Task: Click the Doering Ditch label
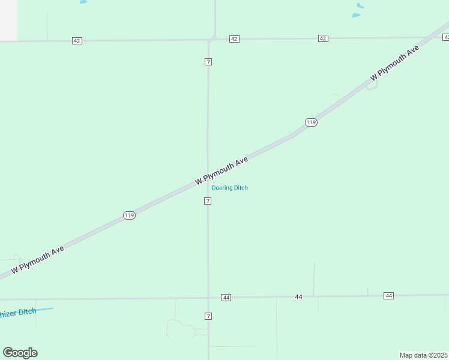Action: (x=230, y=188)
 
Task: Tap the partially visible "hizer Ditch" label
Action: (x=18, y=313)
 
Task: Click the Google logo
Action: (x=20, y=353)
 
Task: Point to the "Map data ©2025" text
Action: (x=424, y=355)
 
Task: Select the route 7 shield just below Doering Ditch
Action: (x=208, y=201)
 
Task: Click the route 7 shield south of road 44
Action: (x=208, y=316)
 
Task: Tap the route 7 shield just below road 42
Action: (x=208, y=62)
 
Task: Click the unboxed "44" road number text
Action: (x=298, y=297)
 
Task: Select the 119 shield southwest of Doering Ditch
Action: (x=129, y=215)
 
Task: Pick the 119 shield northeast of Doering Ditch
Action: (x=310, y=122)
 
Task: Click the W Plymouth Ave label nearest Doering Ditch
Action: (x=221, y=171)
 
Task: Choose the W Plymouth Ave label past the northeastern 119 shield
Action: (x=394, y=64)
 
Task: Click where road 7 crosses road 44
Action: (x=208, y=298)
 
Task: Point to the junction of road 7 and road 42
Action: (x=211, y=40)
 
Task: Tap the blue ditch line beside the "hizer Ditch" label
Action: (x=46, y=310)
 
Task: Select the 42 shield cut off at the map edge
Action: (x=446, y=37)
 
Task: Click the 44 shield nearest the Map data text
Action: (x=389, y=296)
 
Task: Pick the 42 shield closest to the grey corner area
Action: (x=77, y=41)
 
